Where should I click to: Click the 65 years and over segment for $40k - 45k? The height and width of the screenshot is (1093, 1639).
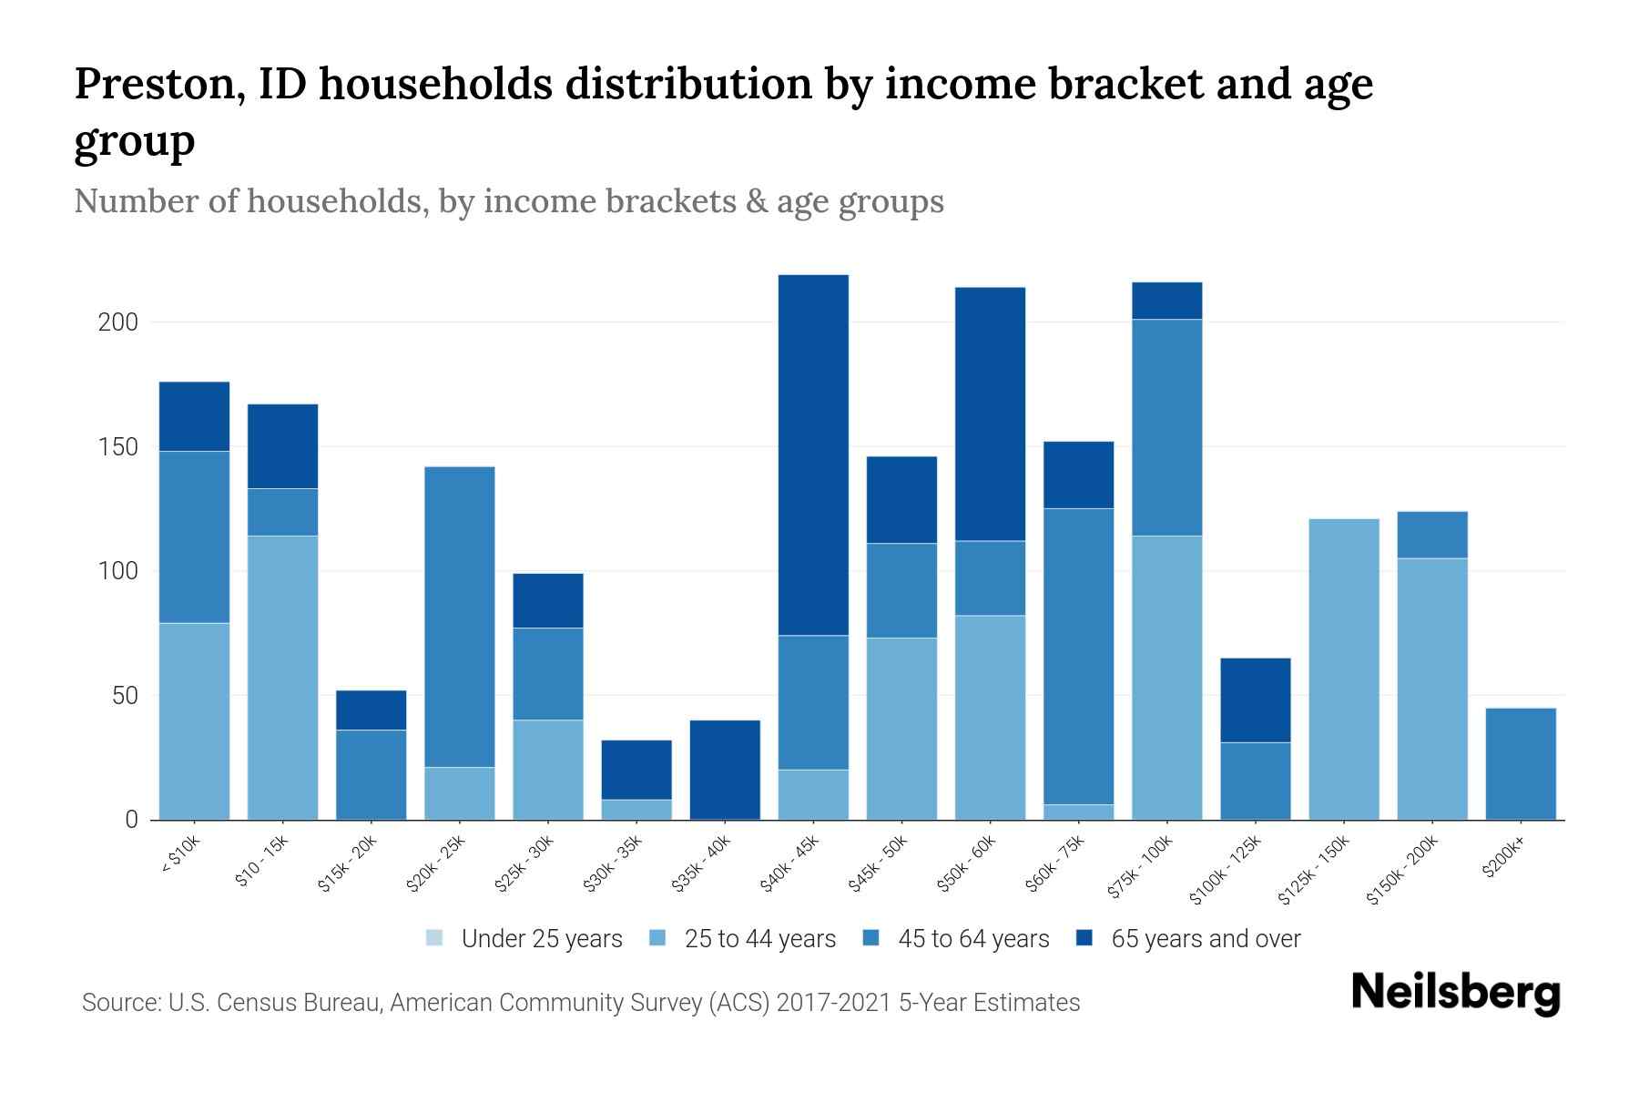tap(813, 455)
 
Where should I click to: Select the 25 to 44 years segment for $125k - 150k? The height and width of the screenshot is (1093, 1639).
tap(1343, 669)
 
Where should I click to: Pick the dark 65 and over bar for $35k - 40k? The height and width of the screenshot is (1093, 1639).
tap(725, 770)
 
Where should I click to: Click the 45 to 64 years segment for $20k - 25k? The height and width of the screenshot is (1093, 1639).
tap(460, 617)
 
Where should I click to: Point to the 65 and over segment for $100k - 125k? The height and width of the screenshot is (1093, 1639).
tap(1255, 700)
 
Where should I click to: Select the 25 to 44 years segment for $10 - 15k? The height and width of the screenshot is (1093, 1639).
tap(283, 678)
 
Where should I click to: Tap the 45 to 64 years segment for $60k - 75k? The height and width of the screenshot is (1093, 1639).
tap(1078, 656)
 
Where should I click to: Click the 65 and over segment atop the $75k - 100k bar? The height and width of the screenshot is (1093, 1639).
tap(1166, 301)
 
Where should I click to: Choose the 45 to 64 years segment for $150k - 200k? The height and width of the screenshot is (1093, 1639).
tap(1431, 535)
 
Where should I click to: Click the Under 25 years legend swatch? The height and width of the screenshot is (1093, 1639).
tap(435, 938)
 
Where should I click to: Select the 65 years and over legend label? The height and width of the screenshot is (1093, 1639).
tap(1206, 939)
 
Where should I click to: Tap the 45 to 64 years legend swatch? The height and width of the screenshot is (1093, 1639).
tap(871, 938)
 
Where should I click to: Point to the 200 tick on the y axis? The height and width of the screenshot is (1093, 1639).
tap(118, 322)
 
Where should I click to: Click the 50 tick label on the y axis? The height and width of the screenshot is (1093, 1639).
tap(124, 696)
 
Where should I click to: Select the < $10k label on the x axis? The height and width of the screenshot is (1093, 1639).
tap(179, 855)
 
